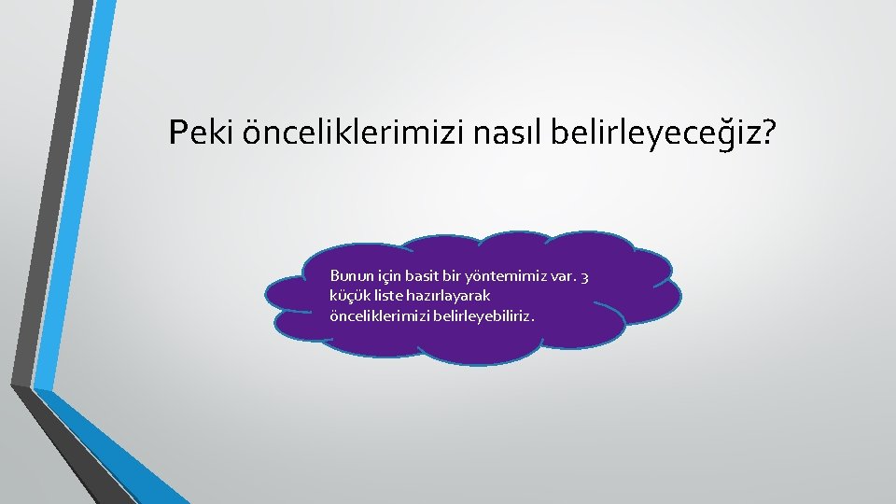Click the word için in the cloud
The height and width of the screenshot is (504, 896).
(x=391, y=276)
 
